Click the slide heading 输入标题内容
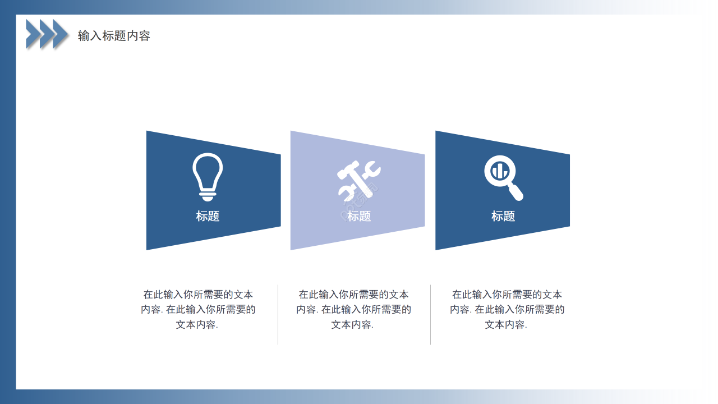coord(114,36)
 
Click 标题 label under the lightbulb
coord(208,216)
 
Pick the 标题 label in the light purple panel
coord(359,216)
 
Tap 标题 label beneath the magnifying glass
coord(503,216)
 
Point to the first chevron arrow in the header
coord(33,34)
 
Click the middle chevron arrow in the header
coord(47,34)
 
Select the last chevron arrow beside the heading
coord(61,34)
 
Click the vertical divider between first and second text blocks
coord(278,314)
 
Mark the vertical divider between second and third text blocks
coord(431,314)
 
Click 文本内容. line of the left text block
coord(197,324)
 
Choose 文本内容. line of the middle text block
coord(352,324)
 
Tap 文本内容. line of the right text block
coord(506,324)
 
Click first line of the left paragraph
coord(198,294)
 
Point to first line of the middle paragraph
coord(353,294)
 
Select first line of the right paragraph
coord(507,294)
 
